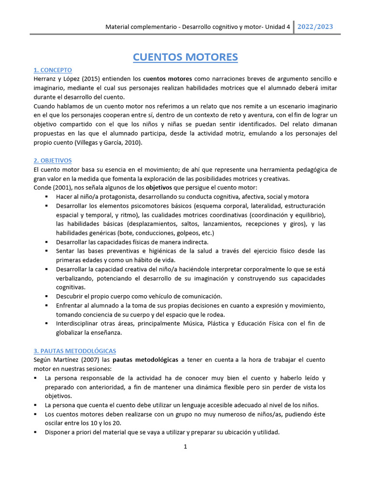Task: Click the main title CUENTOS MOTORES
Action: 185,57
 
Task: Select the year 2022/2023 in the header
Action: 314,27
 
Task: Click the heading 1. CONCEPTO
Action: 53,70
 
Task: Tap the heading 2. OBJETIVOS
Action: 53,160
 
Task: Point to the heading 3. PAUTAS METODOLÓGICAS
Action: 75,351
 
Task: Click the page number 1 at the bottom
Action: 185,446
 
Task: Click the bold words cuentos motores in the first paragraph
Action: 168,79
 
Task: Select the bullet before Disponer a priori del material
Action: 36,432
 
